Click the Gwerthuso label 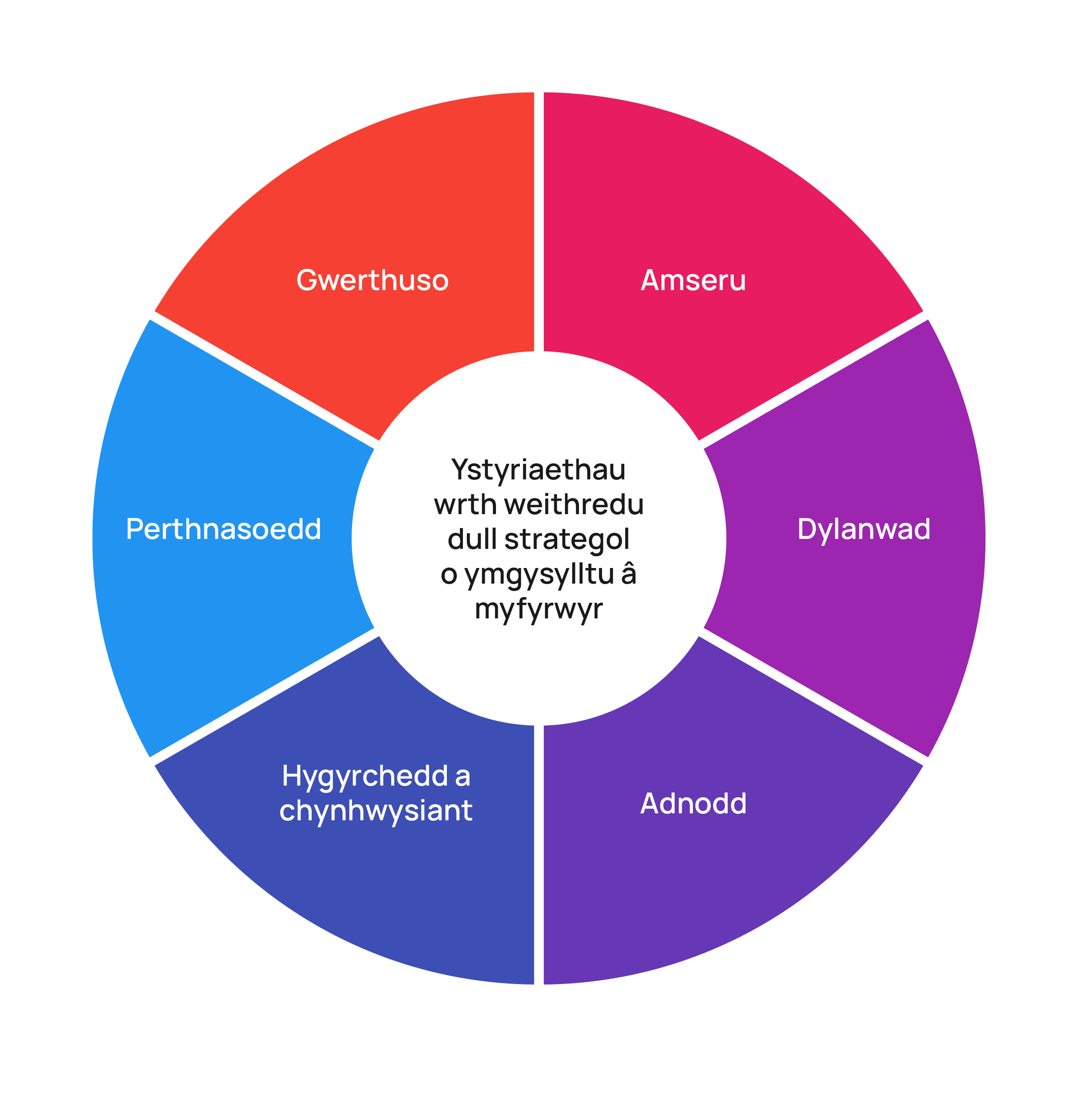pos(372,281)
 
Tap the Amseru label pos(693,281)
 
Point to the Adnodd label pos(693,803)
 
